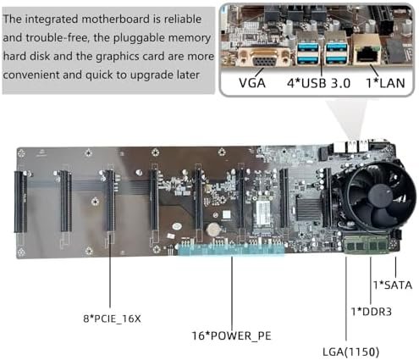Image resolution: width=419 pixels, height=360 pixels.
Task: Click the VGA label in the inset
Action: [x=252, y=83]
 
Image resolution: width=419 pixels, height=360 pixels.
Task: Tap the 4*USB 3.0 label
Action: [x=318, y=83]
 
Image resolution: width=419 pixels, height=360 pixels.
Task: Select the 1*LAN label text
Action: [x=385, y=83]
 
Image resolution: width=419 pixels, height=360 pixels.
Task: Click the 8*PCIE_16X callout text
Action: [x=112, y=318]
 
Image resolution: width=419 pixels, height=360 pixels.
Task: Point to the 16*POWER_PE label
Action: [x=231, y=335]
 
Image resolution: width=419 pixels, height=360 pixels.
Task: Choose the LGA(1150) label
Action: [x=350, y=352]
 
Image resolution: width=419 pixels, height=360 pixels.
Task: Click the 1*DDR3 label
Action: [x=371, y=312]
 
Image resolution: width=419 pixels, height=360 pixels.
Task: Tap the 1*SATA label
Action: [x=393, y=285]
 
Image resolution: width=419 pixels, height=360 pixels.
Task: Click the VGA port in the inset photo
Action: [x=264, y=58]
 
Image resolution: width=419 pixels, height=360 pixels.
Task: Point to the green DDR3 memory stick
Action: [x=367, y=244]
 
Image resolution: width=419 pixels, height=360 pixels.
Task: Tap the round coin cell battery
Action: [x=212, y=230]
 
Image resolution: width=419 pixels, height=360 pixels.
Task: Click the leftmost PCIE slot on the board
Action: [x=20, y=202]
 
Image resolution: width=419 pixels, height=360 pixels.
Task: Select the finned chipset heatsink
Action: [x=309, y=209]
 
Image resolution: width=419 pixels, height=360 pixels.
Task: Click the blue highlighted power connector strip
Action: [x=231, y=250]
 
